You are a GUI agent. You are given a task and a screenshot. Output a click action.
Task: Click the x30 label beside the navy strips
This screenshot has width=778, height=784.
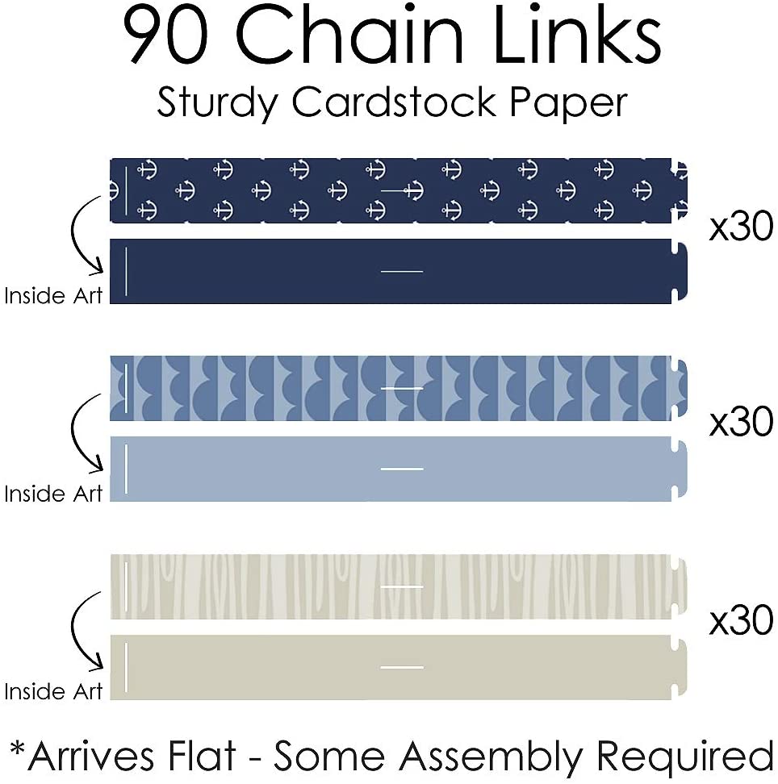[x=741, y=228]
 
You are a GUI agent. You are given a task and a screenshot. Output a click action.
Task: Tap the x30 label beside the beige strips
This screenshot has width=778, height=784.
[x=741, y=621]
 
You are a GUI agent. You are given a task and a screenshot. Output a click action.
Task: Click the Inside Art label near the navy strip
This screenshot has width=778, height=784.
[x=54, y=296]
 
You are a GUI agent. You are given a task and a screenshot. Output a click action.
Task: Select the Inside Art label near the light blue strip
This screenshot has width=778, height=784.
[x=54, y=494]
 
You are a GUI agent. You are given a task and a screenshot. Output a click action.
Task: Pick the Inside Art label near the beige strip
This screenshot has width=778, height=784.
[x=54, y=691]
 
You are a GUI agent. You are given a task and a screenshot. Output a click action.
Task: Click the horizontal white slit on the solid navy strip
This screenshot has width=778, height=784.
[x=401, y=271]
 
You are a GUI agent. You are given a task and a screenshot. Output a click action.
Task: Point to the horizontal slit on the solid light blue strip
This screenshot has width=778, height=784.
[x=401, y=469]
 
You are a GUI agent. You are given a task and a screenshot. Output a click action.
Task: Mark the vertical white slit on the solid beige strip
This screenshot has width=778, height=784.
[x=127, y=667]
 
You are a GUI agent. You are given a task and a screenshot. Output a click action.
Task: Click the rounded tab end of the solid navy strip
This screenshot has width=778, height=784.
[x=680, y=272]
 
